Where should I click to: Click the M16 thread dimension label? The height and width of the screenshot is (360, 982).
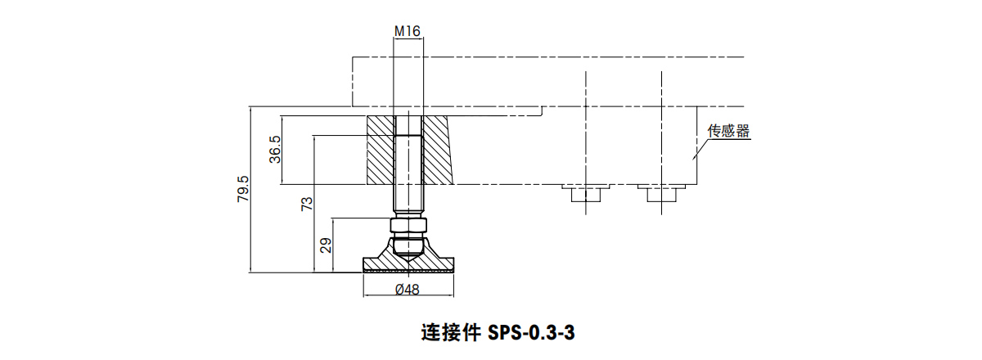[x=407, y=32]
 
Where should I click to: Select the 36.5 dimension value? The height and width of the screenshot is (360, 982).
[x=276, y=150]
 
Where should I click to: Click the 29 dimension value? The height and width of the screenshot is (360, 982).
[x=326, y=245]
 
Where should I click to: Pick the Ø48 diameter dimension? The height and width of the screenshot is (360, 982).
[x=407, y=289]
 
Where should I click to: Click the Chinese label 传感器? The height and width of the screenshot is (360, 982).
[x=728, y=131]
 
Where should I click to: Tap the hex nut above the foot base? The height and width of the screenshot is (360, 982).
[x=408, y=226]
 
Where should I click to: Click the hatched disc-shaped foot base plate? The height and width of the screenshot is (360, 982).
[x=408, y=264]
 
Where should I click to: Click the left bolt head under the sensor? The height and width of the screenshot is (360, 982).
[x=586, y=195]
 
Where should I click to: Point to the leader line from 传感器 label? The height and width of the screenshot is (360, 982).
[x=701, y=145]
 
